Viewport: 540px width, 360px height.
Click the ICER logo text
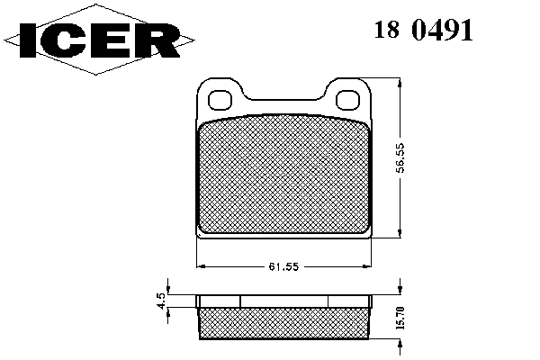[x=100, y=40]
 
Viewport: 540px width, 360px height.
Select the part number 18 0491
[x=423, y=30]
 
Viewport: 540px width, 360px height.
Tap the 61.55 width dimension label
[x=283, y=266]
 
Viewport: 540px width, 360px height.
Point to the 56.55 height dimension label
[x=400, y=157]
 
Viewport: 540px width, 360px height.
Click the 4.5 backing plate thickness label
[x=161, y=301]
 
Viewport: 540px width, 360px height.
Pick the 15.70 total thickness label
[x=400, y=318]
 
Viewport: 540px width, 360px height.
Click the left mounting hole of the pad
[x=220, y=100]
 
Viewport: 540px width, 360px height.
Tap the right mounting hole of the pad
[x=347, y=100]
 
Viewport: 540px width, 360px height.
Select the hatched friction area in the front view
[x=283, y=175]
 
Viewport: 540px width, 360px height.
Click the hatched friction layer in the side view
[x=284, y=323]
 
